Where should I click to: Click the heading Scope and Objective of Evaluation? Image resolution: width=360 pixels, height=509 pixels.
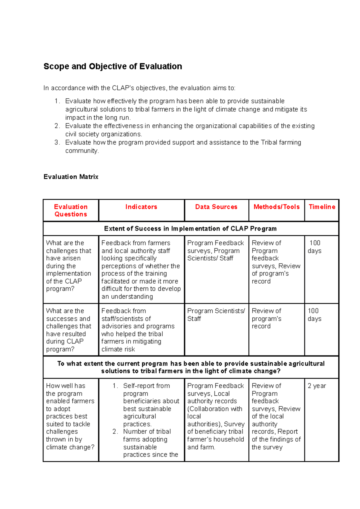(112, 66)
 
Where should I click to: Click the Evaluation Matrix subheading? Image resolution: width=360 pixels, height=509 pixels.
(71, 177)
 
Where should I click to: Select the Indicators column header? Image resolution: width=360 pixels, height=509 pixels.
(141, 207)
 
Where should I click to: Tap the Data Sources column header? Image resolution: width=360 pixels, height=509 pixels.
(216, 207)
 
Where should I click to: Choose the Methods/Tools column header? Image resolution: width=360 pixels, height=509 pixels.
(276, 207)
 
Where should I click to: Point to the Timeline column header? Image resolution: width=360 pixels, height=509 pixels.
(322, 207)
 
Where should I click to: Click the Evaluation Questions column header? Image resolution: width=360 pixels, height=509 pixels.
(71, 210)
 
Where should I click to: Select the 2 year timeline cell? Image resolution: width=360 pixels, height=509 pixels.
(316, 386)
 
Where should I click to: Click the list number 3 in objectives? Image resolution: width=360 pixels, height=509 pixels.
(57, 142)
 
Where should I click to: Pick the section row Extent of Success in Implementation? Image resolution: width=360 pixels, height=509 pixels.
(190, 229)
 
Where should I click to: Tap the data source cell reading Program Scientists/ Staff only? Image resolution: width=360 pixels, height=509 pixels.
(216, 315)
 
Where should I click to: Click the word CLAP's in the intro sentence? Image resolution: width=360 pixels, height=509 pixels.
(123, 88)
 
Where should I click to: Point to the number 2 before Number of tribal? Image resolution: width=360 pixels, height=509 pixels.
(115, 432)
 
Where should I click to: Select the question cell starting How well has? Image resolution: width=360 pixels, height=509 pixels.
(70, 416)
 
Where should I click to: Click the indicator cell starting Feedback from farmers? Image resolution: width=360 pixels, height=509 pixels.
(141, 269)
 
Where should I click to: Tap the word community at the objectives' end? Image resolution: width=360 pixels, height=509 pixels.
(82, 151)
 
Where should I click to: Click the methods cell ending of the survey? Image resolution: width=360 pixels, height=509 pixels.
(276, 416)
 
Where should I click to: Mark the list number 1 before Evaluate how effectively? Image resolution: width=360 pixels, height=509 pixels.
(57, 101)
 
